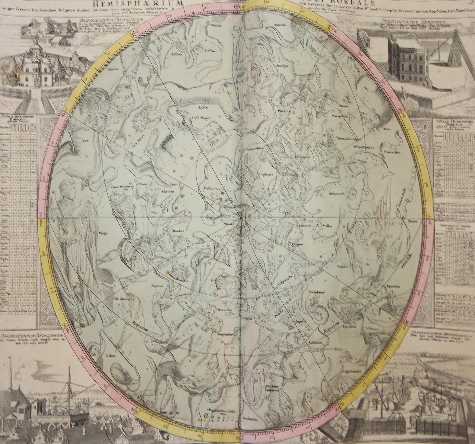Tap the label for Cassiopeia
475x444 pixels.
299,157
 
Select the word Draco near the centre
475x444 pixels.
229,224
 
